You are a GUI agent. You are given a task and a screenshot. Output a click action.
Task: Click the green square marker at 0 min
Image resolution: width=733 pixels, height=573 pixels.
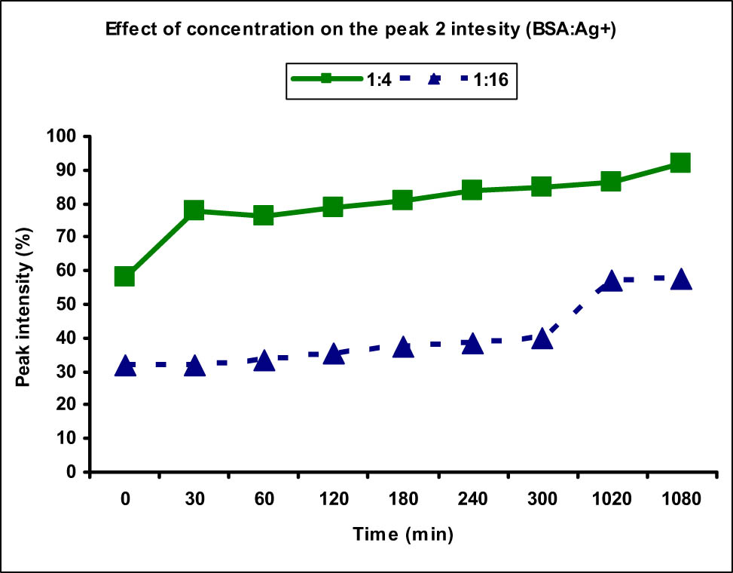pyautogui.click(x=125, y=277)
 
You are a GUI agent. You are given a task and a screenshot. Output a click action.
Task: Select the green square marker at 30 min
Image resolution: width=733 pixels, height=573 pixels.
pyautogui.click(x=194, y=210)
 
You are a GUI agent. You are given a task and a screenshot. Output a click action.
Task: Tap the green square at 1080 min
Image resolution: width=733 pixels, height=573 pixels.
pyautogui.click(x=680, y=163)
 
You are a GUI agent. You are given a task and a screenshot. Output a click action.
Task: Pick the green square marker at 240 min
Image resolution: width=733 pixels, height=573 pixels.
pyautogui.click(x=472, y=190)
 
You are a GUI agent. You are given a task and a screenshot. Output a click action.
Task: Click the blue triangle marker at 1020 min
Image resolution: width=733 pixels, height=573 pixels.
pyautogui.click(x=611, y=281)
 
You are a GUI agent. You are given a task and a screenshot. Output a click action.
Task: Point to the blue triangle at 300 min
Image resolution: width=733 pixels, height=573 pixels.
pyautogui.click(x=542, y=339)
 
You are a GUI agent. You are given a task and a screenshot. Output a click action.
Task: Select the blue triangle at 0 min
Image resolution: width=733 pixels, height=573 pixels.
pyautogui.click(x=125, y=366)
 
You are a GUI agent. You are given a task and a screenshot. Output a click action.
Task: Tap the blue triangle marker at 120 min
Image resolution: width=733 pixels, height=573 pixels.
pyautogui.click(x=333, y=354)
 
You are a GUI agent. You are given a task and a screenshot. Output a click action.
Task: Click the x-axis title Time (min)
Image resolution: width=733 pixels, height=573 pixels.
pyautogui.click(x=403, y=535)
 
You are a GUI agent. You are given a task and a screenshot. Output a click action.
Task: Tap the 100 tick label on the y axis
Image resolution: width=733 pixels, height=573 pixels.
pyautogui.click(x=66, y=137)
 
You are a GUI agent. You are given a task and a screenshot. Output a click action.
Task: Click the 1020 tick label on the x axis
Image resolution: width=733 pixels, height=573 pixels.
pyautogui.click(x=611, y=499)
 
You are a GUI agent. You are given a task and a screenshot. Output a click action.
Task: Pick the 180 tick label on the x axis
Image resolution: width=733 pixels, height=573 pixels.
pyautogui.click(x=403, y=499)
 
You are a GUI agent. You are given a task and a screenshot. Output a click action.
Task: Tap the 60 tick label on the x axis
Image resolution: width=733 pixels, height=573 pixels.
pyautogui.click(x=264, y=499)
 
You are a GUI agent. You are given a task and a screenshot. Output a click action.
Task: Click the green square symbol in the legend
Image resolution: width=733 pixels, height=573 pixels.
pyautogui.click(x=326, y=80)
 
